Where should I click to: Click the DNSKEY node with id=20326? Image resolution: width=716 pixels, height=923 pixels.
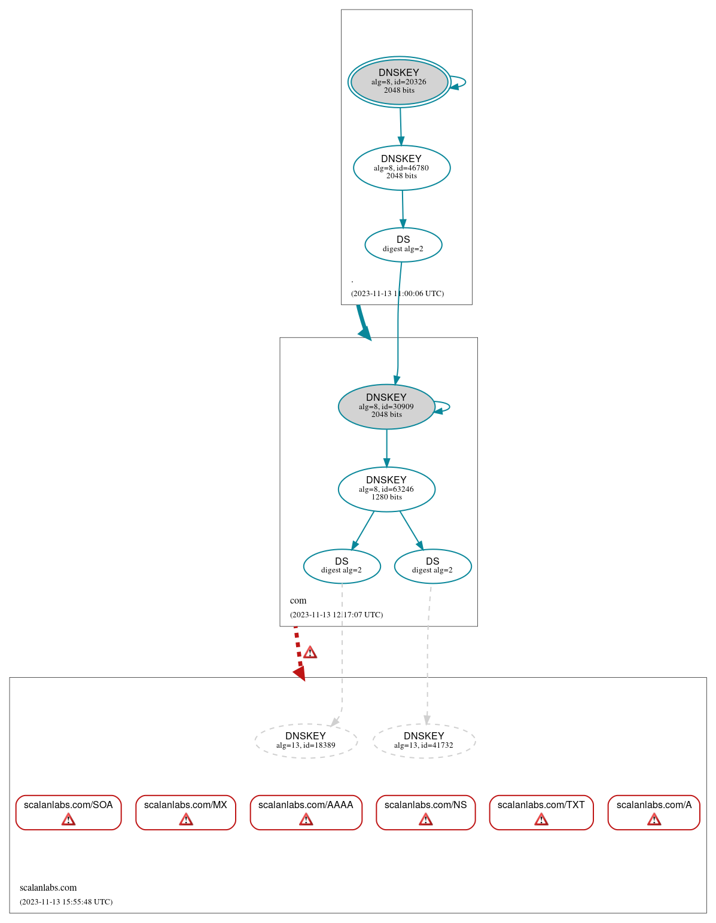[399, 82]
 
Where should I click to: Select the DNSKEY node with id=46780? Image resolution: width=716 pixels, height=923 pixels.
[401, 167]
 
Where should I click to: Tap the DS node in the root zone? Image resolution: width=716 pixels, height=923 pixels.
[403, 245]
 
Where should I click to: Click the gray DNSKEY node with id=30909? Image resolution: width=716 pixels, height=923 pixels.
[386, 407]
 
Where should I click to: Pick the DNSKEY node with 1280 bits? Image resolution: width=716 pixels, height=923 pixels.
[386, 489]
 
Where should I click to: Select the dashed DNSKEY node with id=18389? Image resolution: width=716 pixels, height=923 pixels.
[306, 741]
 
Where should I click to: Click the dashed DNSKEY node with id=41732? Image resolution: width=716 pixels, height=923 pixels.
[423, 741]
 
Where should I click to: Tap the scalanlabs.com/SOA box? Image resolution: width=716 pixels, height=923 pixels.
[68, 812]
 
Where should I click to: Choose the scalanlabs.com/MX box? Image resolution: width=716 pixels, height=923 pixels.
[185, 812]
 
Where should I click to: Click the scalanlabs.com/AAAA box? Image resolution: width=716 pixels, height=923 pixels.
[306, 812]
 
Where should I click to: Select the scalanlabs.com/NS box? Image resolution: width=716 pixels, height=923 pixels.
[425, 812]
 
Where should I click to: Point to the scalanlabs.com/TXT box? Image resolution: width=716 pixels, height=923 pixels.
[541, 812]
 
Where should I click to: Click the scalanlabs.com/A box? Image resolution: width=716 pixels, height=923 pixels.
[654, 812]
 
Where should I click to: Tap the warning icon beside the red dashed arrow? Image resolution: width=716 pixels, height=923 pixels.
[310, 652]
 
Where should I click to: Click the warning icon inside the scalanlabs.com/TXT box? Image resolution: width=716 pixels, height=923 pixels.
[541, 819]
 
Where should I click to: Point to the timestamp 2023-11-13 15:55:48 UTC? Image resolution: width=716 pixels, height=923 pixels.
[66, 901]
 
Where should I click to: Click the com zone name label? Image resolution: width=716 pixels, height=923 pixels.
[298, 601]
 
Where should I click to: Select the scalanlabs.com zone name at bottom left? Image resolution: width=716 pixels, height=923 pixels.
[48, 888]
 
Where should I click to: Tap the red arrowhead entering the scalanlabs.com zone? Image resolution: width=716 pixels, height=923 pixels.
[300, 674]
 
